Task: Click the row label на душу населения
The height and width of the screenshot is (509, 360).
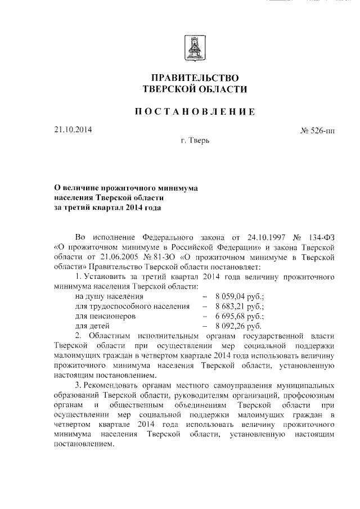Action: pos(109,296)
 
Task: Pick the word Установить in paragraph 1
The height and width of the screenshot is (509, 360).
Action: pos(108,276)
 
